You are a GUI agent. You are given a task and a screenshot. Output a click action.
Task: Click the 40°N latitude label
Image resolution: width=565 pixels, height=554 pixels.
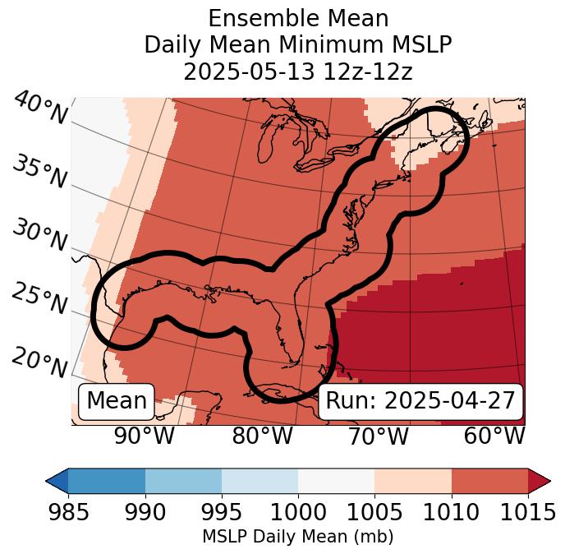tap(39, 109)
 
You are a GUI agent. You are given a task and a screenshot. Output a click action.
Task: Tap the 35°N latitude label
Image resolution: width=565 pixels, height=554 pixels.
tap(39, 172)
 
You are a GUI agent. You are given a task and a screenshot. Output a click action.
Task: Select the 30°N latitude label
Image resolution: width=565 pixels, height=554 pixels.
tap(39, 236)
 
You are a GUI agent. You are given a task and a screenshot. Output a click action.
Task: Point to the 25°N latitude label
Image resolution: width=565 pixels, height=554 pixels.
tap(39, 299)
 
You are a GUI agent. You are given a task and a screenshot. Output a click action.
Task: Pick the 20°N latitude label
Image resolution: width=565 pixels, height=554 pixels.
tap(39, 362)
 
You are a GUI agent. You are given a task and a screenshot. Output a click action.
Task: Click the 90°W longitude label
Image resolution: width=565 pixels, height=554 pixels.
tap(144, 436)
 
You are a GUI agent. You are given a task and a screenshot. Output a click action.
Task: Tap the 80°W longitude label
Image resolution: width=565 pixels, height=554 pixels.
tap(263, 436)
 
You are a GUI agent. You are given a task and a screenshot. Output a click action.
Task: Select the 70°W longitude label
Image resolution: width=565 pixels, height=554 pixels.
tap(378, 436)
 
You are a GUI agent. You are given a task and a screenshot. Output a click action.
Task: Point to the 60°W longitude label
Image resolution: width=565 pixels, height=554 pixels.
tap(494, 436)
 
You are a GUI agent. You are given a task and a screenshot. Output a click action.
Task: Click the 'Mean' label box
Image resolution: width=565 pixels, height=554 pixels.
tap(117, 401)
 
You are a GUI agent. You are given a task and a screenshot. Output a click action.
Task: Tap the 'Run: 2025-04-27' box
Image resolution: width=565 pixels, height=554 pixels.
tap(420, 401)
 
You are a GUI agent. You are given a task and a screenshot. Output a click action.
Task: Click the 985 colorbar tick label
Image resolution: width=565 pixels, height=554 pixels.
tap(68, 513)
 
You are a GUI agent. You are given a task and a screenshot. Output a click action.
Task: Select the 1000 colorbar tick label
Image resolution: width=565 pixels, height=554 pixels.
tap(298, 513)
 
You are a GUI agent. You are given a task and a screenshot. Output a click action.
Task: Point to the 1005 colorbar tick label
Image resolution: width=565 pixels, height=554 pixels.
tap(374, 513)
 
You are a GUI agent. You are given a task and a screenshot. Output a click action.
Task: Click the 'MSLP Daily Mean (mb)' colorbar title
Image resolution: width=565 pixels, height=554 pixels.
tap(297, 537)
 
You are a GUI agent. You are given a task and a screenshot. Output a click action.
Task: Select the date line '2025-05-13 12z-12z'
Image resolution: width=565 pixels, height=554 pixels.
tap(297, 72)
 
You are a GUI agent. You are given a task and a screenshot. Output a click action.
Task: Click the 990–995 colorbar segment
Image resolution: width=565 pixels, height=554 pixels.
tap(183, 481)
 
